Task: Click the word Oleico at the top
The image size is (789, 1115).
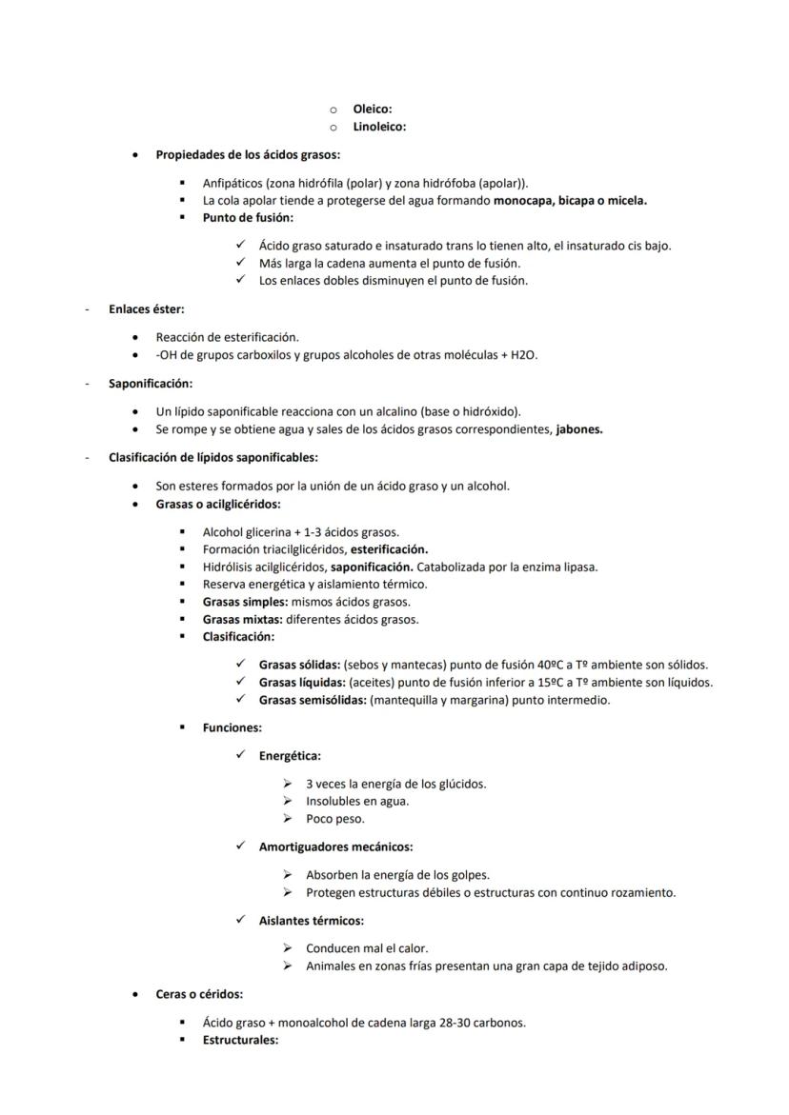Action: pos(372,110)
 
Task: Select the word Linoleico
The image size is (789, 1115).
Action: pos(379,127)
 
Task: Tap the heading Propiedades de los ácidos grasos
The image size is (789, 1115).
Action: pos(248,154)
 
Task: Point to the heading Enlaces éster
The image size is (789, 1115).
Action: pos(146,309)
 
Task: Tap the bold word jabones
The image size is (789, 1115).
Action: pos(579,429)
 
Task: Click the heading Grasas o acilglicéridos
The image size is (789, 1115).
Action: pos(218,504)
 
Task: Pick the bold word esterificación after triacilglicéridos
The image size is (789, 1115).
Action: pos(389,549)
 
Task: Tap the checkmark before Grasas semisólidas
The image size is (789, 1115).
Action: pos(241,700)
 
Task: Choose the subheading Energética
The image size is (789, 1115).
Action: pos(290,756)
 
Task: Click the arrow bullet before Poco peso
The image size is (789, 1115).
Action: pos(287,819)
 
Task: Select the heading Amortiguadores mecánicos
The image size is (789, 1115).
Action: pos(335,846)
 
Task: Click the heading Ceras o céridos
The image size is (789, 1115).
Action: pos(199,994)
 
